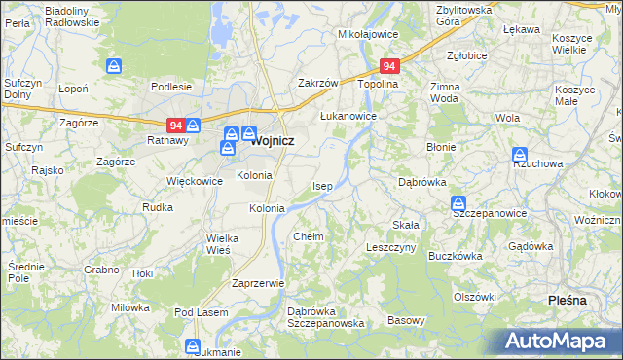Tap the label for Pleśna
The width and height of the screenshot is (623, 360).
(568, 301)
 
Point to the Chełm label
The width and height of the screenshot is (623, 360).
(308, 236)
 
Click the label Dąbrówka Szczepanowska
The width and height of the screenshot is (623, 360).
(325, 317)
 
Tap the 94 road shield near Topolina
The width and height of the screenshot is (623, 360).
(389, 66)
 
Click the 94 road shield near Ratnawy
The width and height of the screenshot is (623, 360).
(175, 125)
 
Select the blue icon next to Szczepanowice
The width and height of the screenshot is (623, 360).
(458, 203)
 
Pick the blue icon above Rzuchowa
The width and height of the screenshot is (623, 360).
(520, 155)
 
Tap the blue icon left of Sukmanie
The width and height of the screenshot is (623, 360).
(193, 346)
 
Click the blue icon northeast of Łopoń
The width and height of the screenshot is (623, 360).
(115, 66)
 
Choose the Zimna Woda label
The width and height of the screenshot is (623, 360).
(444, 92)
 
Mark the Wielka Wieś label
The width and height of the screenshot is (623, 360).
(217, 244)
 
